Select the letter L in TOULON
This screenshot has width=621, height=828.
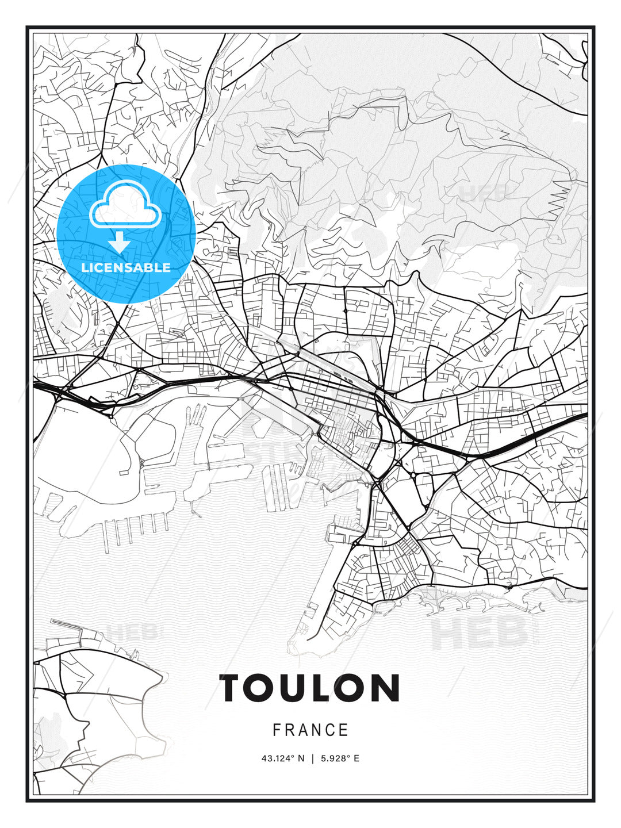(324, 688)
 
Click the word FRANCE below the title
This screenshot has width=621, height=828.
(310, 730)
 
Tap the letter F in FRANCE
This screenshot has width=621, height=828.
(277, 730)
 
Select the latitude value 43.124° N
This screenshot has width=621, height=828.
(283, 758)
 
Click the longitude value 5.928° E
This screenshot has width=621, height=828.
(339, 758)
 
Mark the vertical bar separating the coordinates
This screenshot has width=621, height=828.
(313, 758)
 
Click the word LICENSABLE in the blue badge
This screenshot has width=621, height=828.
(126, 267)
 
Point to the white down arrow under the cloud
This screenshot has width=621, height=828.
(120, 242)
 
